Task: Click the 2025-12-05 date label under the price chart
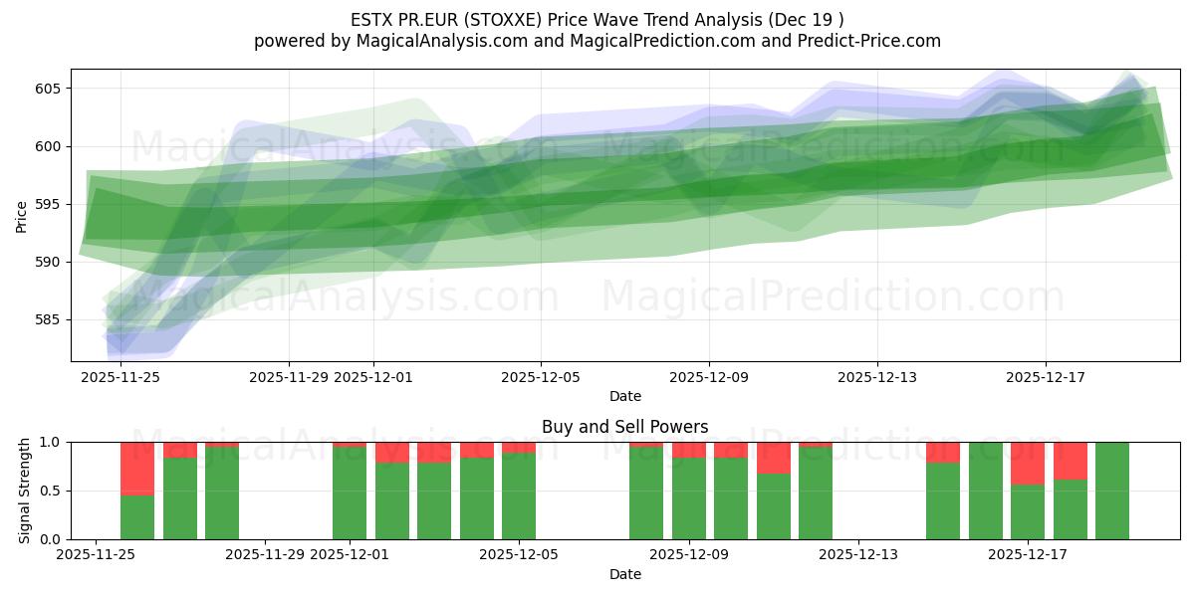pos(541,377)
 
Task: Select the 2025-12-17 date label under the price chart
pos(1046,377)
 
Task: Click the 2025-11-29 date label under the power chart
pos(265,555)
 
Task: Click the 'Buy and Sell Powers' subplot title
pos(624,427)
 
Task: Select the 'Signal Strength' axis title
pos(25,491)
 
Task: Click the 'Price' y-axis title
pos(22,215)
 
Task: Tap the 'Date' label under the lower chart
pos(624,574)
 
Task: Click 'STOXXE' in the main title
pos(488,20)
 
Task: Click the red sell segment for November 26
pos(137,468)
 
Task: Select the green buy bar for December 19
pos(1112,491)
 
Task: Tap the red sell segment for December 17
pos(1028,463)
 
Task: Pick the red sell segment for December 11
pos(774,458)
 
